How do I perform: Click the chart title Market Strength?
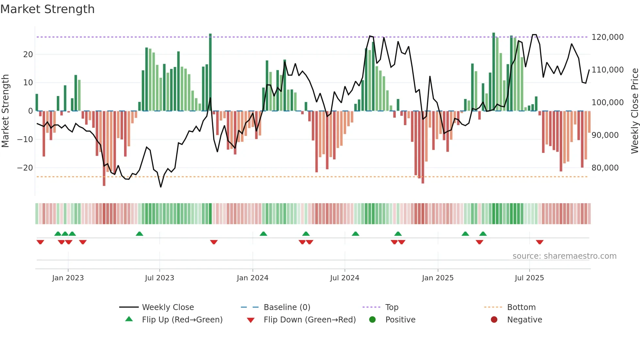tap(47, 9)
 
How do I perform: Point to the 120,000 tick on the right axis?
tap(607, 37)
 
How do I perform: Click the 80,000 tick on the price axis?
tap(605, 168)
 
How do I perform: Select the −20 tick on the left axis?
tap(25, 168)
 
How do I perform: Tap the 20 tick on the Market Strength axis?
tap(28, 55)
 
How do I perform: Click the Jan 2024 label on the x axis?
tap(252, 278)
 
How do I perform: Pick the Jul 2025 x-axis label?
tap(529, 278)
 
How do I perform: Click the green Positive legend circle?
tap(372, 319)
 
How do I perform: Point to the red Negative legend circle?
tap(494, 319)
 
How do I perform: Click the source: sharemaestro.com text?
tap(564, 256)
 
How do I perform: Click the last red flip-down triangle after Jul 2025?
tap(539, 242)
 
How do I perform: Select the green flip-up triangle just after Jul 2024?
tap(355, 234)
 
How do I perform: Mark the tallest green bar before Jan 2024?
tap(210, 72)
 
